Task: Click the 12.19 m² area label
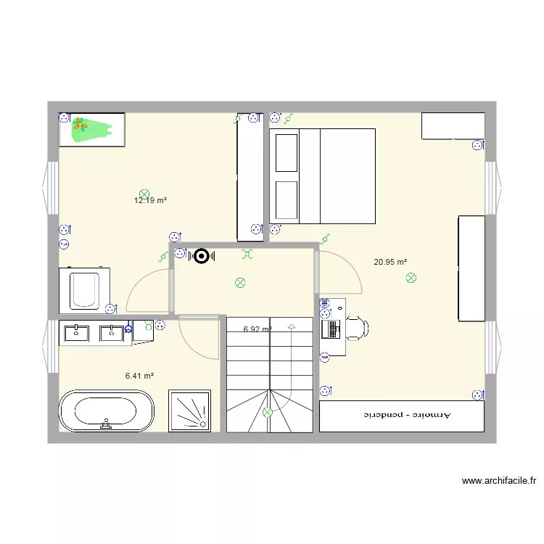pyautogui.click(x=151, y=200)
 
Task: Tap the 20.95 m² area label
pyautogui.click(x=390, y=262)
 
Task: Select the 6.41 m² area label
pyautogui.click(x=139, y=376)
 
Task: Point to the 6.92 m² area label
pyautogui.click(x=257, y=329)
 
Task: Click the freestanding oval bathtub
pyautogui.click(x=106, y=411)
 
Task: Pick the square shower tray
pyautogui.click(x=189, y=411)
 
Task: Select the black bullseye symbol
pyautogui.click(x=200, y=255)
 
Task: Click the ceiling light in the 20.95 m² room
pyautogui.click(x=411, y=277)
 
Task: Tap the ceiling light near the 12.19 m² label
pyautogui.click(x=144, y=194)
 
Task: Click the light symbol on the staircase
pyautogui.click(x=268, y=413)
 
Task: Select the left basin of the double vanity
pyautogui.click(x=75, y=333)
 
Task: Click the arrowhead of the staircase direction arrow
pyautogui.click(x=292, y=327)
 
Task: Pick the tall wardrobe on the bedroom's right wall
pyautogui.click(x=471, y=268)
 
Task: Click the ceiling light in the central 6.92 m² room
pyautogui.click(x=240, y=283)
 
